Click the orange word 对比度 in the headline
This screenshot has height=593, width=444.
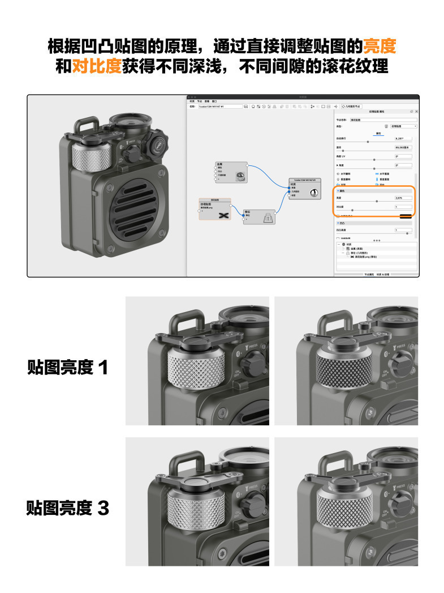pos(97,66)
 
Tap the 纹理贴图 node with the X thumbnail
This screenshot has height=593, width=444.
pos(215,210)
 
